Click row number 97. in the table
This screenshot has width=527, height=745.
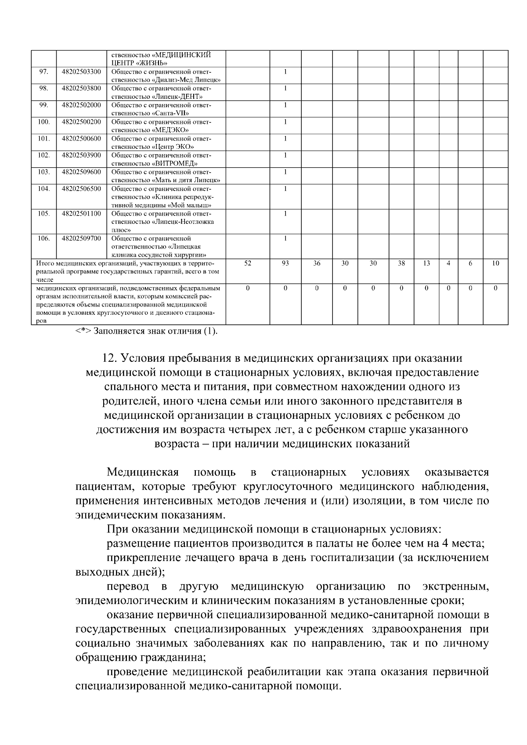pos(43,72)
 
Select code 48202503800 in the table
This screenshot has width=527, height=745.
pos(81,89)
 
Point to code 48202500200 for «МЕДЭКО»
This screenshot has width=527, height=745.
pos(81,122)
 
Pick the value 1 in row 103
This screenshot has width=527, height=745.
pos(285,172)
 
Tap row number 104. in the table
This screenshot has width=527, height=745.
pos(43,189)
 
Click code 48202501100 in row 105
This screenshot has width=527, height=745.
pos(81,214)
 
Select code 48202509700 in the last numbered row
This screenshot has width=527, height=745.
pos(81,239)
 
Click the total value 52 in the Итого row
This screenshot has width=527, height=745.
pos(247,264)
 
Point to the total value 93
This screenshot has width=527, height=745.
pos(285,264)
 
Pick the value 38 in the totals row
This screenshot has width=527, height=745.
pos(401,264)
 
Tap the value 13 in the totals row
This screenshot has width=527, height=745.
pos(426,264)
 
